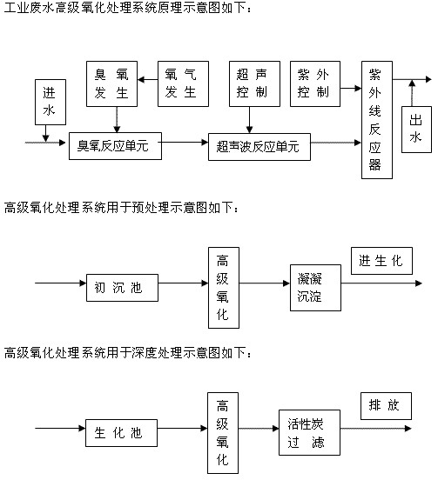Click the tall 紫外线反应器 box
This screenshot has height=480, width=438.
(x=375, y=120)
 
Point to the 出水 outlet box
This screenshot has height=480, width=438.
(x=415, y=129)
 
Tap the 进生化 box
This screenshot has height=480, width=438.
(x=381, y=261)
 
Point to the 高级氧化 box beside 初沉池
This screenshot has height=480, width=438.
(x=223, y=287)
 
